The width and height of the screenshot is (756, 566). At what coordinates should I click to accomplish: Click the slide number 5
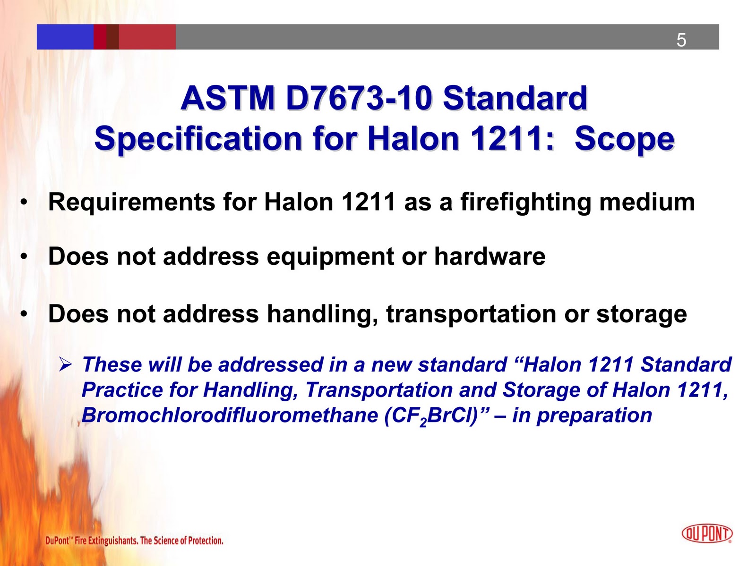[x=681, y=40]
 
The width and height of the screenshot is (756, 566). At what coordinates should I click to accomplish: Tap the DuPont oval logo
[x=707, y=533]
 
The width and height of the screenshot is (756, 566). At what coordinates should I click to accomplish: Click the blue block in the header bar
[x=65, y=37]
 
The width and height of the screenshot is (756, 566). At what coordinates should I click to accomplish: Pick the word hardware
[x=490, y=257]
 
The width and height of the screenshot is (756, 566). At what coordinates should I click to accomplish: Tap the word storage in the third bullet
[x=641, y=314]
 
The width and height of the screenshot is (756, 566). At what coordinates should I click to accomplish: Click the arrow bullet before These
[x=65, y=364]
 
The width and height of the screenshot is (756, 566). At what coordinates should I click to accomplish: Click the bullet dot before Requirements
[x=23, y=203]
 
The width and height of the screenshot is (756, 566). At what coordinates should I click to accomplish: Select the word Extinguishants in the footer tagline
[x=112, y=541]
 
